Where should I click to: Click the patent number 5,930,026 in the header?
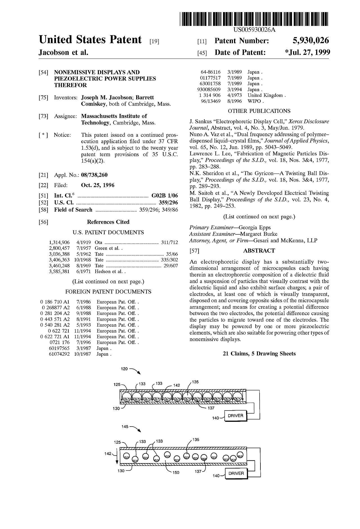click(x=310, y=41)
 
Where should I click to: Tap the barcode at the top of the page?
click(x=254, y=19)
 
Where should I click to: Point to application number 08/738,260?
click(x=94, y=175)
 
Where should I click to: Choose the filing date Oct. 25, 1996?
click(x=98, y=185)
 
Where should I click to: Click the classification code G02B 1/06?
click(x=165, y=196)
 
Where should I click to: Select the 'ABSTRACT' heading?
click(x=259, y=250)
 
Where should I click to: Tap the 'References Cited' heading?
click(x=108, y=222)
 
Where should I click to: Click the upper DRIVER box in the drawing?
click(x=235, y=415)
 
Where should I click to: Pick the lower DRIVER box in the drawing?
click(x=236, y=473)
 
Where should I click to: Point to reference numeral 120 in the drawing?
click(x=124, y=369)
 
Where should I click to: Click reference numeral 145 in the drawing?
click(x=125, y=427)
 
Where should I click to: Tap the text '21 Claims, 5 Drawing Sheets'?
click(x=259, y=353)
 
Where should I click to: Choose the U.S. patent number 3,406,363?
click(x=59, y=260)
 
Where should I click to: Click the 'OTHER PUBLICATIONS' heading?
click(x=259, y=111)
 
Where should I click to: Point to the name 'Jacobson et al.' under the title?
click(x=64, y=52)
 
